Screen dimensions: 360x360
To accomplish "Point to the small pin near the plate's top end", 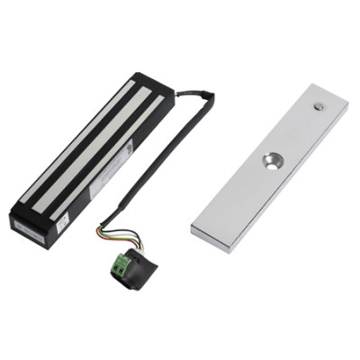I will [x=318, y=106].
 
